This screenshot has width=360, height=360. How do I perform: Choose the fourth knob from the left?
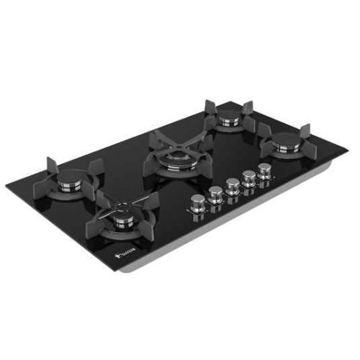[248, 176]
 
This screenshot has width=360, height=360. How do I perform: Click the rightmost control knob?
[264, 170]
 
